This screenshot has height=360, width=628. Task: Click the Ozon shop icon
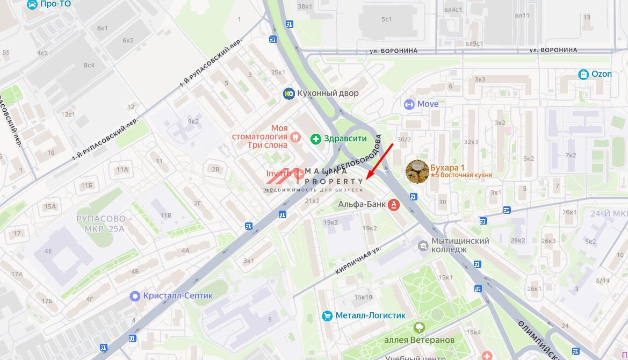coord(583,74)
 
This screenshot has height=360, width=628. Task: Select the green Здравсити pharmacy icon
coord(316,139)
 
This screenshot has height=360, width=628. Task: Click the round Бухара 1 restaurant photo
coord(417,171)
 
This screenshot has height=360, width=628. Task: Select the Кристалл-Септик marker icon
coord(135,296)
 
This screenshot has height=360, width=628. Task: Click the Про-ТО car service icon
coord(32,4)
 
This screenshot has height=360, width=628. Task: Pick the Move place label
coord(428,104)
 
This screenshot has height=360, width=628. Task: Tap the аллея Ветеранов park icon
coord(419,327)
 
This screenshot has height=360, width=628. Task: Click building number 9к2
coord(193,121)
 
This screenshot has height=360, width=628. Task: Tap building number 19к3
coord(330,222)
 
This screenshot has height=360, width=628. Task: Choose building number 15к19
coord(363,297)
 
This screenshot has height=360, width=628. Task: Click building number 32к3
coord(471,142)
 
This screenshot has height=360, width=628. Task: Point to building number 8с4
coord(89,66)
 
